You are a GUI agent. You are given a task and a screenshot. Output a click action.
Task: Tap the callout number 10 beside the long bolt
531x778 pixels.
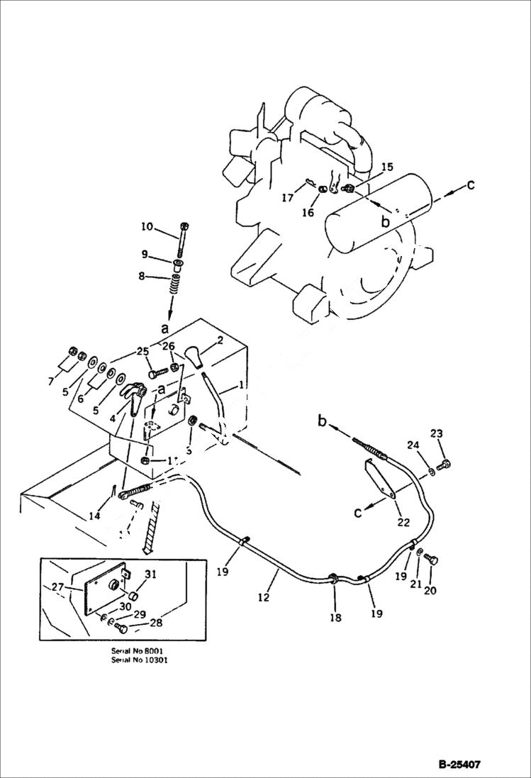pyautogui.click(x=146, y=227)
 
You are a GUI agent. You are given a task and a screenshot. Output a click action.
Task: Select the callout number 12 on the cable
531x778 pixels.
pyautogui.click(x=263, y=597)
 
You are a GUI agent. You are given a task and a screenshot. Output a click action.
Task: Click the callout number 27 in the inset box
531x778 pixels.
pyautogui.click(x=57, y=587)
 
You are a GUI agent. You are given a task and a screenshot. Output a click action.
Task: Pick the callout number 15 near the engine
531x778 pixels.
pyautogui.click(x=386, y=167)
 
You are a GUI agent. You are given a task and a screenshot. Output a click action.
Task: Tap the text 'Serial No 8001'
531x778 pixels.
pyautogui.click(x=141, y=650)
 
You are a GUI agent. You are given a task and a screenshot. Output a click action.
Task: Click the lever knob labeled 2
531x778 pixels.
pyautogui.click(x=196, y=355)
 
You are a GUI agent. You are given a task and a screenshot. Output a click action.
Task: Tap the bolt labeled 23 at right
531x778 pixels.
pyautogui.click(x=444, y=465)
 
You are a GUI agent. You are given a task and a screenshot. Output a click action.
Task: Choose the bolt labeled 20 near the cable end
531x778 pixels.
pyautogui.click(x=430, y=560)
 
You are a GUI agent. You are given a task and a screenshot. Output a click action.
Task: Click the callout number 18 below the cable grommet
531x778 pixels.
pyautogui.click(x=335, y=618)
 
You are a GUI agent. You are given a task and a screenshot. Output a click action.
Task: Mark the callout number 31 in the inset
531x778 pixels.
pyautogui.click(x=150, y=574)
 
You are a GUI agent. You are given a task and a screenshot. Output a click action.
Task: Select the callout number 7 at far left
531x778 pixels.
pyautogui.click(x=51, y=382)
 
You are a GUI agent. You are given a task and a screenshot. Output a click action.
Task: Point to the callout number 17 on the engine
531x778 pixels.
pyautogui.click(x=286, y=199)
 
